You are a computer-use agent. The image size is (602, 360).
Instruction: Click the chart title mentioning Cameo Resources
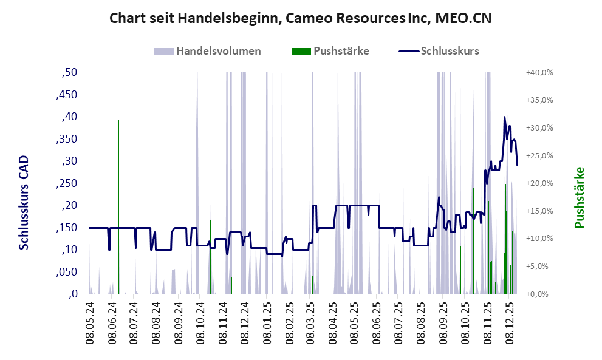pyautogui.click(x=300, y=18)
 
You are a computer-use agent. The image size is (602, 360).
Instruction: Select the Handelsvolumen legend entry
pyautogui.click(x=208, y=51)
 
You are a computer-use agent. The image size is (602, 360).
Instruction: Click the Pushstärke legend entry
pyautogui.click(x=330, y=51)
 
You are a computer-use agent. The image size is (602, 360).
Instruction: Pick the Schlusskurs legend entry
pyautogui.click(x=439, y=51)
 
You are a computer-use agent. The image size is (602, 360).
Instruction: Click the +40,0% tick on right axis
pyautogui.click(x=539, y=72)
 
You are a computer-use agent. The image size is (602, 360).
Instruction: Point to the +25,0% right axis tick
pyautogui.click(x=539, y=155)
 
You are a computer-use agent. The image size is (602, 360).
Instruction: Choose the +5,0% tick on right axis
pyautogui.click(x=539, y=267)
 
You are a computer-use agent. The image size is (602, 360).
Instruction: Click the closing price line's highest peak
pyautogui.click(x=504, y=117)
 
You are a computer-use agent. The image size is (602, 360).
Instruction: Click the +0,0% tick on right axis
pyautogui.click(x=539, y=294)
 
